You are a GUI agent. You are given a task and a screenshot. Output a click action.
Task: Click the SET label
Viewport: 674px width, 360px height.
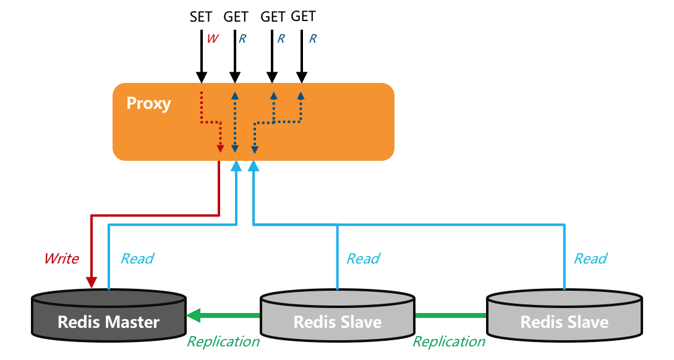(x=201, y=17)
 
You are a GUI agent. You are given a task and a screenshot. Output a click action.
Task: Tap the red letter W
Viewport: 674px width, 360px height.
(x=212, y=38)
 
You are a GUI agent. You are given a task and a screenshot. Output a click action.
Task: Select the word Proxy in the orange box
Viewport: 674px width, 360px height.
(x=148, y=103)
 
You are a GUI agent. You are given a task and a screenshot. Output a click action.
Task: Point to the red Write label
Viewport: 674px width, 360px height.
(x=61, y=259)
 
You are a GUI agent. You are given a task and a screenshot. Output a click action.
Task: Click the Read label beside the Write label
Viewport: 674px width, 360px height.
(x=137, y=259)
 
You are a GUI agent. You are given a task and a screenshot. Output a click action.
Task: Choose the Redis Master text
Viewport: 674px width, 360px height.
(x=108, y=322)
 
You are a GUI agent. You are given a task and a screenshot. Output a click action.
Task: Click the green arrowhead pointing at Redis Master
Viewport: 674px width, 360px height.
(x=194, y=315)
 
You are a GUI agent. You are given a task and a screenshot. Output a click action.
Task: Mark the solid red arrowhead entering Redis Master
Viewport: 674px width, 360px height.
(x=92, y=282)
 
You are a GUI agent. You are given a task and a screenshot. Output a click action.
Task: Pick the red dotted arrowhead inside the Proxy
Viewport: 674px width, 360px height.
(x=220, y=148)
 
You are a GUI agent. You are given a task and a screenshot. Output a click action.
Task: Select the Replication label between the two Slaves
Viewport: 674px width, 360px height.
(x=449, y=341)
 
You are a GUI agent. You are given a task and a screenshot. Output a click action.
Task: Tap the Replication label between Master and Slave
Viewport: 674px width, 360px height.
(x=223, y=341)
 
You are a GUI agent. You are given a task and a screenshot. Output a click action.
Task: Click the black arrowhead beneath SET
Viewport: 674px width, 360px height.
(x=202, y=78)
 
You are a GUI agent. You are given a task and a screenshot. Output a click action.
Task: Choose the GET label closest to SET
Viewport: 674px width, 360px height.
(x=236, y=17)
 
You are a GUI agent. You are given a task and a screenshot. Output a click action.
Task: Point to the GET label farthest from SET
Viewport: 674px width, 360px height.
(x=303, y=16)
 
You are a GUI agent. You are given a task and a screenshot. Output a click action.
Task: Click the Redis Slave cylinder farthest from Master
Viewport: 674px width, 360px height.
(x=565, y=315)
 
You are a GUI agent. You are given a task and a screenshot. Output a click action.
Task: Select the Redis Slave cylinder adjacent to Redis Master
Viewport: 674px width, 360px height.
(x=337, y=315)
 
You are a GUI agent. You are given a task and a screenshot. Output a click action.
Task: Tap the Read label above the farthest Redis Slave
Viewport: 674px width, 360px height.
(x=591, y=259)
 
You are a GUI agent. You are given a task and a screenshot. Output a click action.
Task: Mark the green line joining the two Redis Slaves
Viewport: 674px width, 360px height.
(x=451, y=315)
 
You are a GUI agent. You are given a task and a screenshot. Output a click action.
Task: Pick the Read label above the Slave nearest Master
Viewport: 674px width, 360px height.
(x=363, y=259)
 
